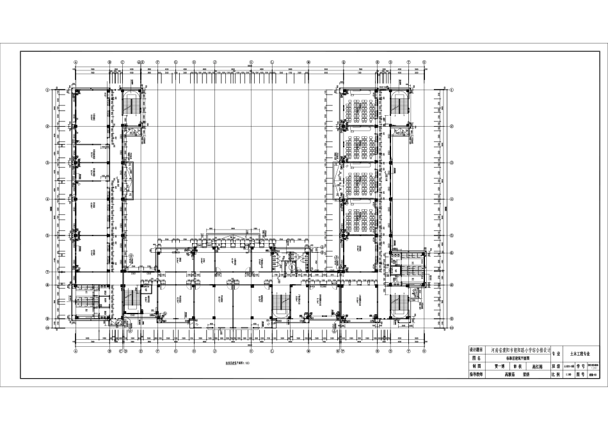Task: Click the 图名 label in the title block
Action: point(479,360)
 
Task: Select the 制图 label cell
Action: point(479,367)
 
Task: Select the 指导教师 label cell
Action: point(479,375)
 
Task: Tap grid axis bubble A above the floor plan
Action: point(76,62)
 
